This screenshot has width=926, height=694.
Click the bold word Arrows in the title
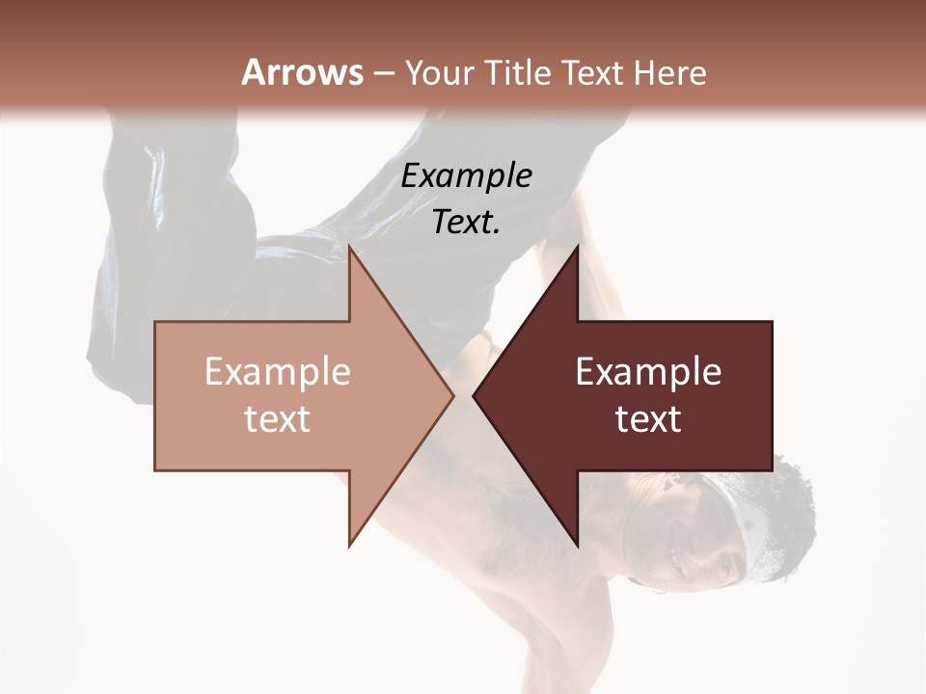pyautogui.click(x=302, y=72)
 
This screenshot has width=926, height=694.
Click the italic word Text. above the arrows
pyautogui.click(x=467, y=222)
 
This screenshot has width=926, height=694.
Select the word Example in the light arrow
pyautogui.click(x=278, y=372)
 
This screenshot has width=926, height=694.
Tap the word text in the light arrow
pyautogui.click(x=278, y=418)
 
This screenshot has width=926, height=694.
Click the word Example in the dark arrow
pyautogui.click(x=648, y=372)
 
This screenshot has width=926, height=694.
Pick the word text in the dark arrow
pyautogui.click(x=648, y=418)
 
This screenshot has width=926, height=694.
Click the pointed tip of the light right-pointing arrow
pyautogui.click(x=452, y=395)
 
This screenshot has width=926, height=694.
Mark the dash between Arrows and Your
pyautogui.click(x=383, y=73)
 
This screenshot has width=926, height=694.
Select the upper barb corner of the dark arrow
pyautogui.click(x=577, y=247)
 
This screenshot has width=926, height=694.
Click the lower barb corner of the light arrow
pyautogui.click(x=350, y=545)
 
